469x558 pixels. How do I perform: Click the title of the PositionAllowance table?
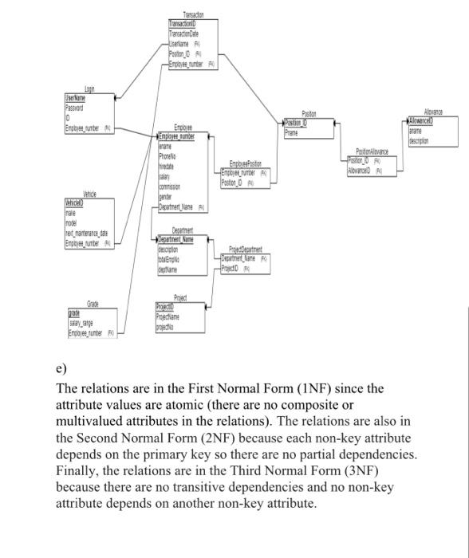point(372,151)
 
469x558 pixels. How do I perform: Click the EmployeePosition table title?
point(246,163)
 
